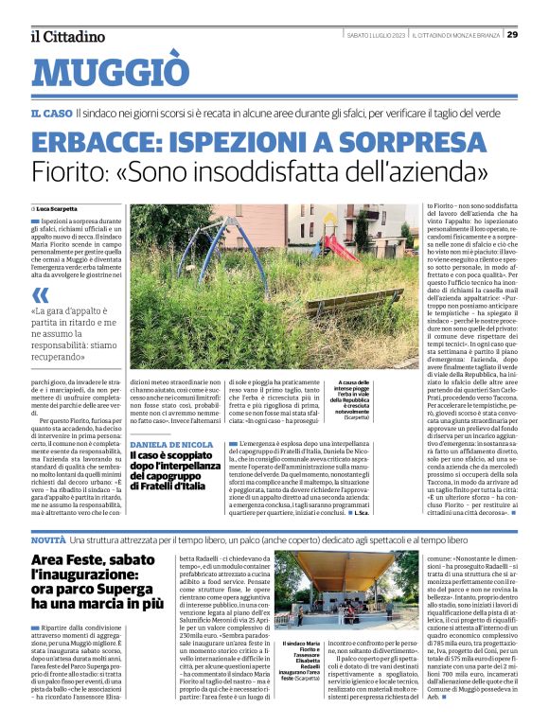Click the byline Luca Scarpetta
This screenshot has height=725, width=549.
pos(58,208)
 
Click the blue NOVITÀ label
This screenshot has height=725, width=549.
pos(48,538)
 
